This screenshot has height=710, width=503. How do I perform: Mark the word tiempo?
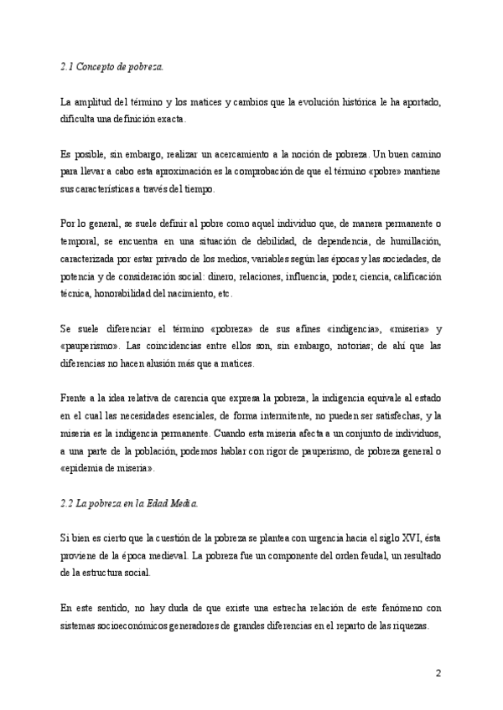coord(199,188)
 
